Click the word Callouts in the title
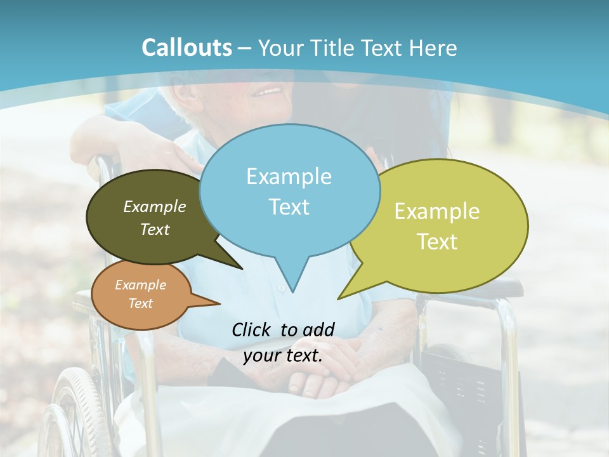point(187,48)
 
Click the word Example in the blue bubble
point(289,176)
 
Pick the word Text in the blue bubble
point(289,207)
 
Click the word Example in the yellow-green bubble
point(437,211)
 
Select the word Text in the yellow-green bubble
point(437,242)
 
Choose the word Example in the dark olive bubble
point(154,207)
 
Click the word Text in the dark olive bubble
point(154,230)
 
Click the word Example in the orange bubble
point(140,285)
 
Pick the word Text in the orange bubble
point(140,303)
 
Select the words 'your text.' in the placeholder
point(282,355)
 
